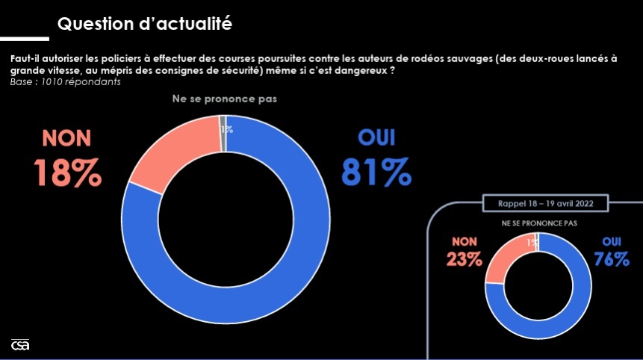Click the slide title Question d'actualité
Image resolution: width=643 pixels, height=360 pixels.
pos(145,25)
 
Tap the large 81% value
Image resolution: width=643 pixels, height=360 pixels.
pos(376,173)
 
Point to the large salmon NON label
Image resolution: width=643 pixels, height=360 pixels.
pos(66,138)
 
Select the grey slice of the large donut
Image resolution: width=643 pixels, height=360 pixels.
pos(223,124)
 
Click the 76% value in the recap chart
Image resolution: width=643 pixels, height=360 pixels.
pos(612,259)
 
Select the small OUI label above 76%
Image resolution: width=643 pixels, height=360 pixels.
pos(611,241)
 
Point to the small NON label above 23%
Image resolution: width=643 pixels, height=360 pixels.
pos(465,241)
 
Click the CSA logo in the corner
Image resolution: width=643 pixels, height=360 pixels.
pos(19,345)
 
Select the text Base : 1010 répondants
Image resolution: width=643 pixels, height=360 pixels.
pos(66,81)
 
